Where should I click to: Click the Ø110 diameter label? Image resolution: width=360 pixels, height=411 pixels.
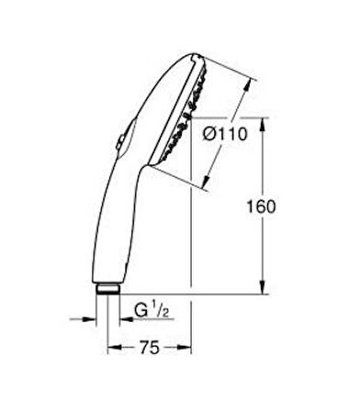(x=225, y=134)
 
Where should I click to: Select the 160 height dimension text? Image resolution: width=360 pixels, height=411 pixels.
(x=261, y=206)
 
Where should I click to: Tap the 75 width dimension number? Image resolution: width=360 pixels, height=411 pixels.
(x=150, y=348)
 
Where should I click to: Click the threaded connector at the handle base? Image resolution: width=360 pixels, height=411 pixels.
(x=107, y=289)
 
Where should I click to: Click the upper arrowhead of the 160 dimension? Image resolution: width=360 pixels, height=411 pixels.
(x=262, y=125)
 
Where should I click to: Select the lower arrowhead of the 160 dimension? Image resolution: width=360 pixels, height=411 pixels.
(x=263, y=287)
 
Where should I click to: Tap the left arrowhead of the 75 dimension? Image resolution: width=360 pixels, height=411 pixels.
(x=115, y=348)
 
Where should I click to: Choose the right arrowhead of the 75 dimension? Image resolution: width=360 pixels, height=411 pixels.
(x=184, y=348)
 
